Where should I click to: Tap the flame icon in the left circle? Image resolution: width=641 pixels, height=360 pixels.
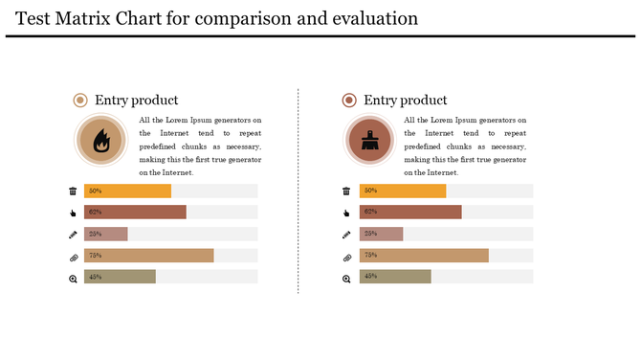click(x=100, y=141)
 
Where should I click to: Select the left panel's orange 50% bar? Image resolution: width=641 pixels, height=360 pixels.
click(x=127, y=191)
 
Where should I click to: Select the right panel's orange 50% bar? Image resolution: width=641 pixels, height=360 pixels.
click(x=403, y=191)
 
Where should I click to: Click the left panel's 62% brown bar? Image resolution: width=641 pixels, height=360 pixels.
click(x=135, y=212)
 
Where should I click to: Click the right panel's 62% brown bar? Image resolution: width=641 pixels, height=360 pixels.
click(x=410, y=212)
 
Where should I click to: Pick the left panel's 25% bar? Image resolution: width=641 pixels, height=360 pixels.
click(x=105, y=234)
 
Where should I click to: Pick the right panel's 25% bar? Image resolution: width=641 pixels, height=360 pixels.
click(x=381, y=234)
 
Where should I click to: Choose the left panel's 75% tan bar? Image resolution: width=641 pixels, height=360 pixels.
click(x=148, y=256)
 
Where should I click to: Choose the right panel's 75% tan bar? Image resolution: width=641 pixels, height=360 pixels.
click(x=424, y=256)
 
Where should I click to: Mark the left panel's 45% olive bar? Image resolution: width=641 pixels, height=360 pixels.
click(x=120, y=277)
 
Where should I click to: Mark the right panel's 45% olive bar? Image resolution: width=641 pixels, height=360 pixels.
click(x=395, y=277)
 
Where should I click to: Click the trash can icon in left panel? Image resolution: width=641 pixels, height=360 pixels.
click(x=73, y=191)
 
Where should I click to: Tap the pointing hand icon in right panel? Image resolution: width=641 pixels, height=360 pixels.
click(x=346, y=213)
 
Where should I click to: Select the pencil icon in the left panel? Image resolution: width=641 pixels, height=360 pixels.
click(x=73, y=235)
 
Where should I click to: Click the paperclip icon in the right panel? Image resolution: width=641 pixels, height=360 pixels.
click(x=346, y=257)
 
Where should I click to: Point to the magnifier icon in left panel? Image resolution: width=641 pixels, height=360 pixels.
click(x=73, y=279)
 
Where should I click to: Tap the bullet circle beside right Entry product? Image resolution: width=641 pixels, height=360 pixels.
click(x=349, y=101)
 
